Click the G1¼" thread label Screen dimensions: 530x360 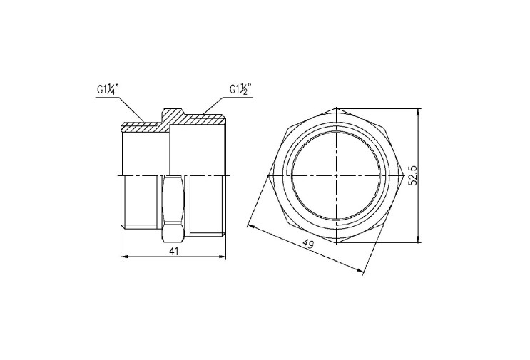pyautogui.click(x=108, y=90)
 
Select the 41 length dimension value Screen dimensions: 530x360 pyautogui.click(x=174, y=251)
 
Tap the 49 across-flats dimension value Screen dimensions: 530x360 pyautogui.click(x=307, y=244)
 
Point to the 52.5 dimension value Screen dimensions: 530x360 pyautogui.click(x=414, y=175)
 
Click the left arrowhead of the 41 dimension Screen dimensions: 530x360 pyautogui.click(x=124, y=257)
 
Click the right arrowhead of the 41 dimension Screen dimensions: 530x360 pyautogui.click(x=223, y=257)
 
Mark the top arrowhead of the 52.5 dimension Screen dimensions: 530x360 pyautogui.click(x=419, y=112)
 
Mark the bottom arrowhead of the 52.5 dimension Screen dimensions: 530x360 pyautogui.click(x=419, y=239)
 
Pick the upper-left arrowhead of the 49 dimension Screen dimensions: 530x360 pyautogui.click(x=252, y=226)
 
